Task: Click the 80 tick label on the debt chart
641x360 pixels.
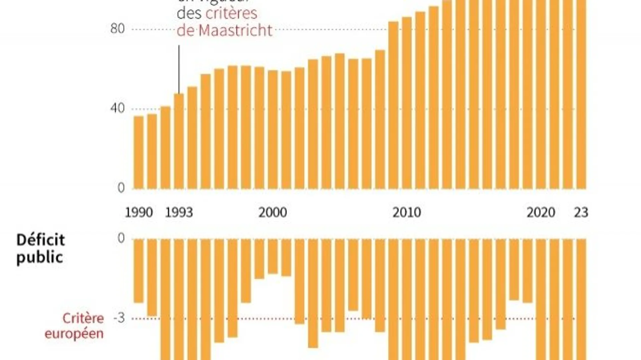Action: coord(117,29)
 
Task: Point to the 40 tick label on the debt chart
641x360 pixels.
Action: coord(117,108)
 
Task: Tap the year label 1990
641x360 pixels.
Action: coord(139,213)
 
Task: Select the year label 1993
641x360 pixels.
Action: coord(179,213)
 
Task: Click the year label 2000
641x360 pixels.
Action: coord(272,213)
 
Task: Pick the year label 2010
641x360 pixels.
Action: coord(406,213)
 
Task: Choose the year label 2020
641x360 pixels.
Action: coord(541,213)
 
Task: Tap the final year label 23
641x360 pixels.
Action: coord(581,213)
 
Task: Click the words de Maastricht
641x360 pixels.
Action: coord(224,31)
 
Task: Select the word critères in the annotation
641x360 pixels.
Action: coord(231,14)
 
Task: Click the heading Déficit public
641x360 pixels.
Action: coord(40,249)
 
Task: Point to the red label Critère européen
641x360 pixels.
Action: coord(74,326)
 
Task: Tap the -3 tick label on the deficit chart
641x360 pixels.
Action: coord(119,318)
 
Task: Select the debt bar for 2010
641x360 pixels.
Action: coord(407,103)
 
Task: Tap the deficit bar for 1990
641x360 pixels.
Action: coord(139,271)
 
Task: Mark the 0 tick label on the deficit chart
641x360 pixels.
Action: coord(121,238)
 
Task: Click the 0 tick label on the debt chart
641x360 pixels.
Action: coord(121,188)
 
